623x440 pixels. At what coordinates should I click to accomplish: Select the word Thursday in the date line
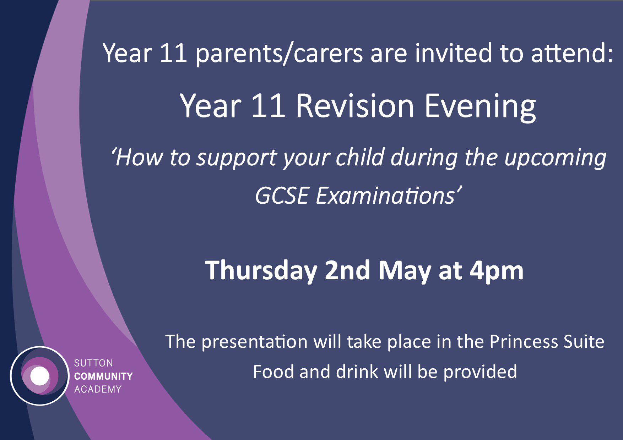click(261, 271)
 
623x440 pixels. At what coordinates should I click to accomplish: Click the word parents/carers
click(279, 54)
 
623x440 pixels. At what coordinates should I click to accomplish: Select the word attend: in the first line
click(572, 53)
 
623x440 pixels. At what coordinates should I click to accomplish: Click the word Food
click(273, 372)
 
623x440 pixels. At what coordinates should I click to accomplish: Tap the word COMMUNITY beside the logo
click(103, 376)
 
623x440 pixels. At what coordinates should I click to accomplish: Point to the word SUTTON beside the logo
click(93, 363)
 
